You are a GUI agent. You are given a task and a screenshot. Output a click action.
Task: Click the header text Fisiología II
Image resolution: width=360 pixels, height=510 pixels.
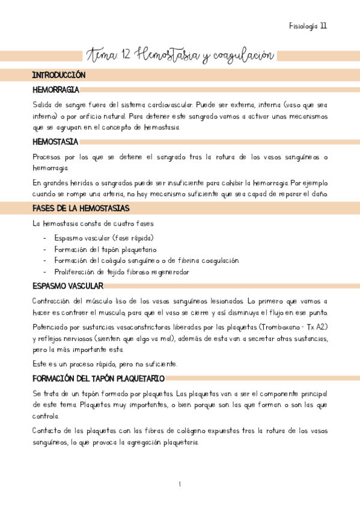pos(308,26)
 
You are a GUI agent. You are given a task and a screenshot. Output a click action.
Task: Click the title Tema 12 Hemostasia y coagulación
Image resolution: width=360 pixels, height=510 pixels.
pos(180,56)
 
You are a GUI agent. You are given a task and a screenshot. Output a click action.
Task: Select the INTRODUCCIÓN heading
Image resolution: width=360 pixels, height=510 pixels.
pos(59,76)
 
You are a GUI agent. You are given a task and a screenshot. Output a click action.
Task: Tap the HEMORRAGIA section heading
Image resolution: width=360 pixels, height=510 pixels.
pos(56,90)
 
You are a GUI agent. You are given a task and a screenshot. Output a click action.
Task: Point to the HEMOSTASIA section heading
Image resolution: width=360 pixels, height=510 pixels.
pos(55,142)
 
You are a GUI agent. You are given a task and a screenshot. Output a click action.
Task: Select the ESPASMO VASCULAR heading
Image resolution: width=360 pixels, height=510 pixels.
pos(68,286)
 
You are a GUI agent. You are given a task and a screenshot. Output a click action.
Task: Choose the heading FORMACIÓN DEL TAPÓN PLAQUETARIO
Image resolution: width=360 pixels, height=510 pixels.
pos(99,378)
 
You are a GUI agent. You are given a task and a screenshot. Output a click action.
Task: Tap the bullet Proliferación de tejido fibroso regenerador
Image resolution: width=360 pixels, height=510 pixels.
pos(121,272)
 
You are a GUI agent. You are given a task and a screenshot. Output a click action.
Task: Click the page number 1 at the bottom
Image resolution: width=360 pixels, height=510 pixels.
pos(180,485)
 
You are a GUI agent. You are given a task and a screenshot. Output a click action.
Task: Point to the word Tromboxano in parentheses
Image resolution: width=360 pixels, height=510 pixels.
pos(279,327)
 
